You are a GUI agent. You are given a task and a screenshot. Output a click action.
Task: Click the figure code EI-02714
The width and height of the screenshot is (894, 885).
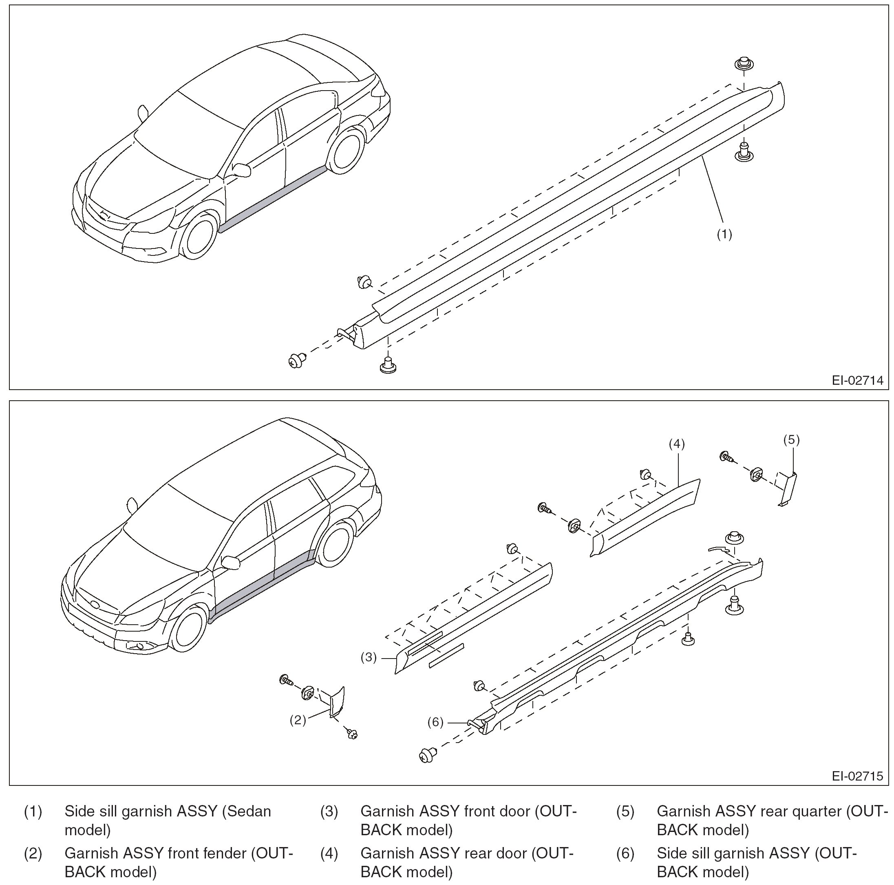click(857, 380)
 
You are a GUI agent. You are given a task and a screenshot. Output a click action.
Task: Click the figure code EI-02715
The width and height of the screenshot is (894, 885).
click(857, 776)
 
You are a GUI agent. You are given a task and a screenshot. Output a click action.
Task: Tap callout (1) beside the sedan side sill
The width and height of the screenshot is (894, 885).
click(724, 234)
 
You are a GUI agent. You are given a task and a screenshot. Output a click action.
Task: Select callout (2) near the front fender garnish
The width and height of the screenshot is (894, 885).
click(298, 720)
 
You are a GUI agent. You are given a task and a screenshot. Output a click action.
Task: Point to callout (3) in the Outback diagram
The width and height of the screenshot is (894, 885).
click(369, 657)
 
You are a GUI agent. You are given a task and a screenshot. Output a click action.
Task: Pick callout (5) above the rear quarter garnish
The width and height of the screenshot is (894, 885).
click(791, 439)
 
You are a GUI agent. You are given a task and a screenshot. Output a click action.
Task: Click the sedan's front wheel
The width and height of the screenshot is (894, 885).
click(199, 237)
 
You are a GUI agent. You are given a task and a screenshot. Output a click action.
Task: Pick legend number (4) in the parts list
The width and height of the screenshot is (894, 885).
click(329, 853)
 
